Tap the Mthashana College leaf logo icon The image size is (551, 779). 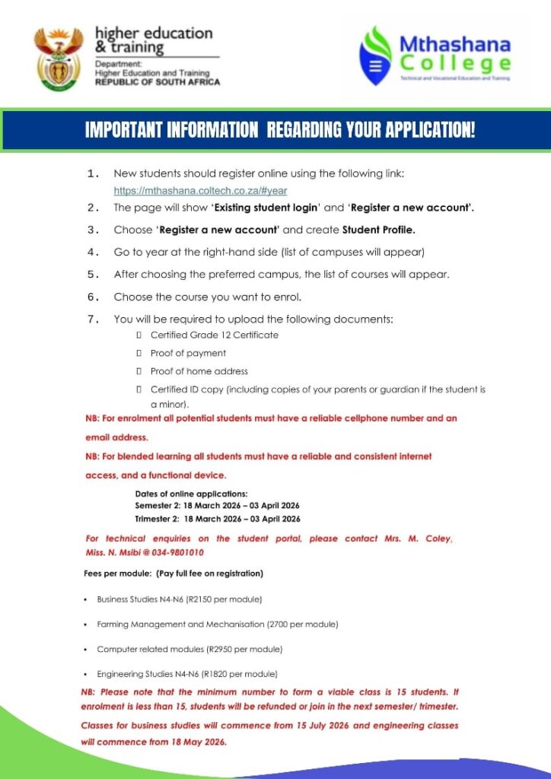click(375, 56)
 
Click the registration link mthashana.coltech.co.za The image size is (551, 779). click(200, 191)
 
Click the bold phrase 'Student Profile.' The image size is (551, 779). click(378, 230)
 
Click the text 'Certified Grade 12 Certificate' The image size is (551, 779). click(214, 335)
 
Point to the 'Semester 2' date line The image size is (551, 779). click(217, 506)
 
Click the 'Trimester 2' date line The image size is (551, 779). click(217, 519)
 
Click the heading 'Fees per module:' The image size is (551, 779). click(117, 573)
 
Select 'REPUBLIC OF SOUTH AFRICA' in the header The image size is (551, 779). click(157, 81)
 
